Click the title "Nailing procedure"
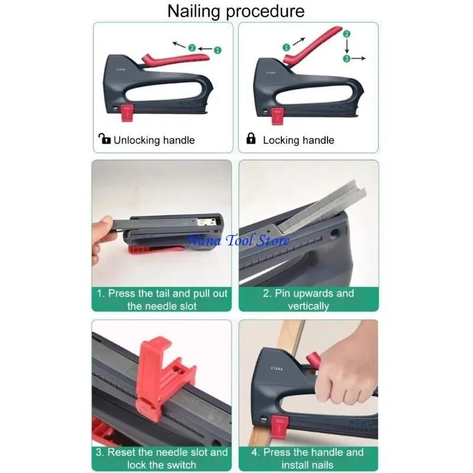[236, 11]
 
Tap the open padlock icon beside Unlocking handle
[104, 140]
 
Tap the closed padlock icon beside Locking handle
[251, 139]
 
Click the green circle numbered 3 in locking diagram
[347, 58]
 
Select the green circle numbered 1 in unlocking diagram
[218, 50]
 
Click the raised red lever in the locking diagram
[313, 43]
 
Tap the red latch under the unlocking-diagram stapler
[127, 112]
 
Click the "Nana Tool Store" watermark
[238, 241]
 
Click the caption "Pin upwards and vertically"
[308, 299]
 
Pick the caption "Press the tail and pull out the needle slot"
[161, 299]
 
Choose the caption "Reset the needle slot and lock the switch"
[161, 458]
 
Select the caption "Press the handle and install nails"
[308, 458]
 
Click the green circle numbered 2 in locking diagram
[346, 35]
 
